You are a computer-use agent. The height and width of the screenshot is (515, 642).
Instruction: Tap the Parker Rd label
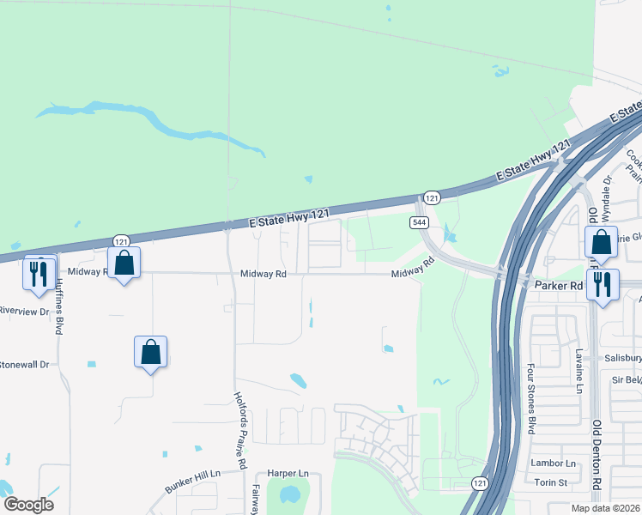pos(559,284)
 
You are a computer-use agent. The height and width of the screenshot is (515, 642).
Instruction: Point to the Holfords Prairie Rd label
pos(241,430)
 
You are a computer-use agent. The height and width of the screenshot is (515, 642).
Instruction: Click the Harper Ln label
pos(287,473)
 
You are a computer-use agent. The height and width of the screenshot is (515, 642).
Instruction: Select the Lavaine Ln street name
pos(579,368)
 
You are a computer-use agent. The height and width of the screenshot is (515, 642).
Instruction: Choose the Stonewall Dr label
pos(25,364)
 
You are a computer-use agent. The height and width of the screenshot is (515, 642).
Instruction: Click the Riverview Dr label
pos(25,311)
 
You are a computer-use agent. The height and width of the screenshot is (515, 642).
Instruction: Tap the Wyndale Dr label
pos(607,194)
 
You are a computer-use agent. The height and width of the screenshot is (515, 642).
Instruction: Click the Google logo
pos(28,504)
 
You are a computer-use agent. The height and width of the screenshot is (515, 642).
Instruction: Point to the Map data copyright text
pos(607,508)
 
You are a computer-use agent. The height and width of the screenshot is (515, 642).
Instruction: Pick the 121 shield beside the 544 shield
pos(432,197)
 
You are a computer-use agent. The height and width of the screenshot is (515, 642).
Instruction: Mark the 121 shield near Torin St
pos(480,485)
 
